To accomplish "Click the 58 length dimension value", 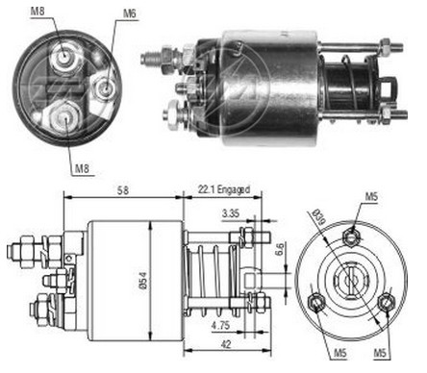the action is tap(123, 190).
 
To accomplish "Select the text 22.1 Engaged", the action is tap(223, 189).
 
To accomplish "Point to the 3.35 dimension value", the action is tap(231, 213).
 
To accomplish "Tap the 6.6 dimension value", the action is tap(279, 249).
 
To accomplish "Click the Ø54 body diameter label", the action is tap(143, 281).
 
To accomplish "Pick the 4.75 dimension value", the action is tap(220, 326).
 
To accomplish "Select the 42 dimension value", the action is tap(226, 344).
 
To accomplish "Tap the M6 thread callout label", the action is tap(130, 13).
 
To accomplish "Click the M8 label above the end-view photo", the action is tap(38, 12).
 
